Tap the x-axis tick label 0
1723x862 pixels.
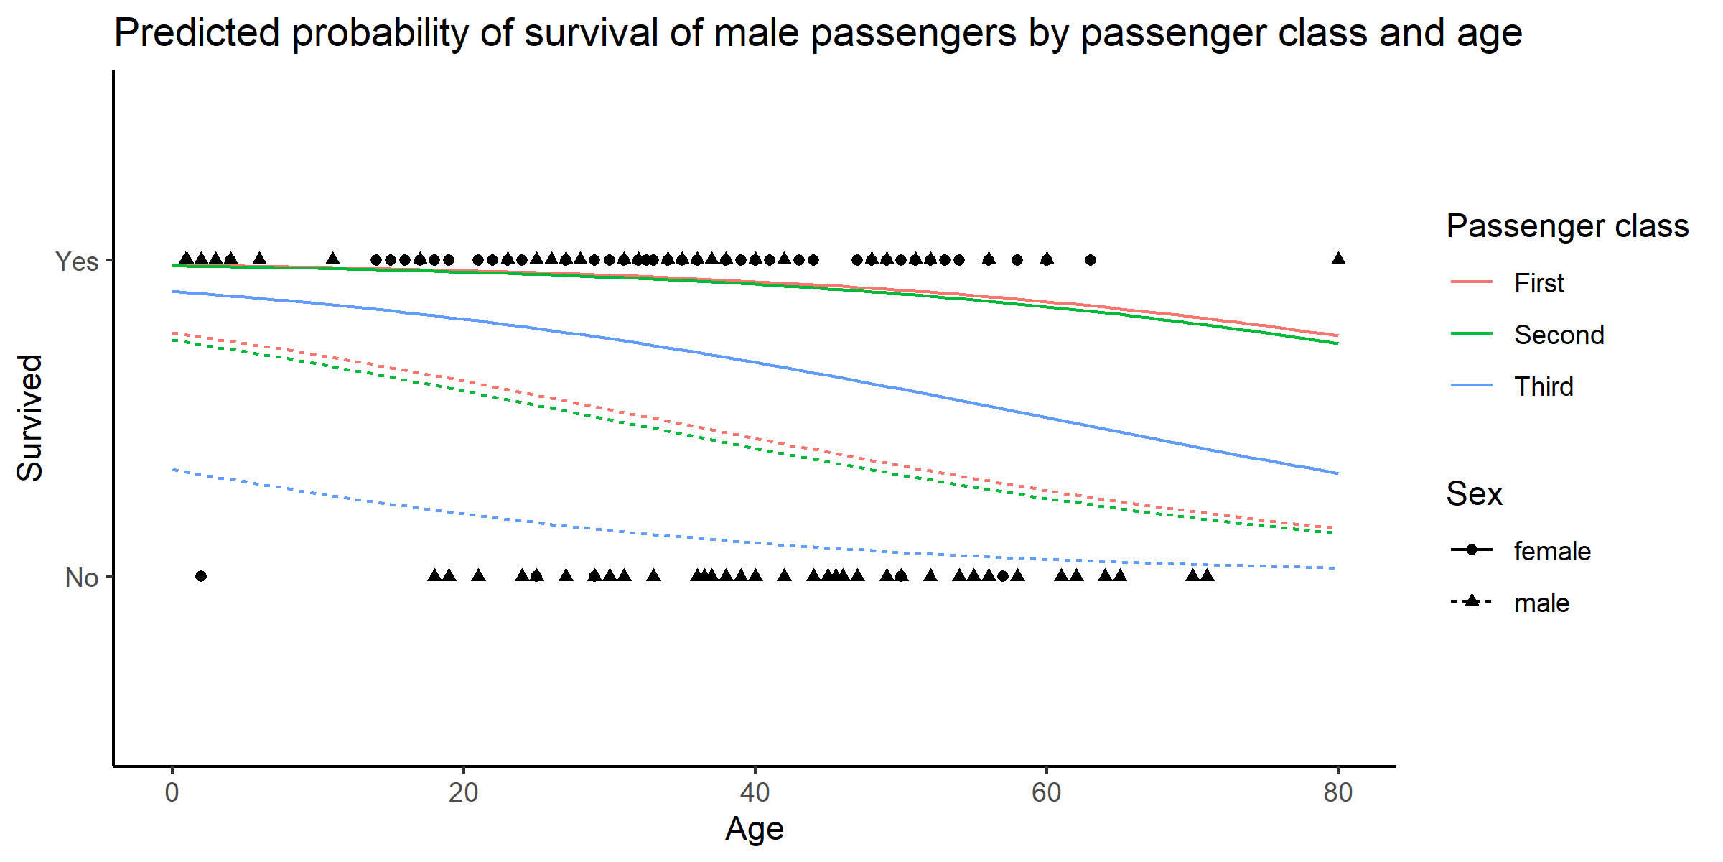(172, 792)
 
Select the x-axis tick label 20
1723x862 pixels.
(463, 792)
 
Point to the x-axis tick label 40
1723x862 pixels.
(755, 792)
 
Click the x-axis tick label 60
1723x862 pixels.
(1046, 792)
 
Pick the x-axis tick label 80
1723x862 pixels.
(1337, 792)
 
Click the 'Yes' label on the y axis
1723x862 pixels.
(77, 261)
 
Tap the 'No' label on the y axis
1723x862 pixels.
(81, 578)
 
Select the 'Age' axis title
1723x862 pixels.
(754, 828)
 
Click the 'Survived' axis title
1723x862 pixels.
(30, 418)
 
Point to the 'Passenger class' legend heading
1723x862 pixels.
(1567, 226)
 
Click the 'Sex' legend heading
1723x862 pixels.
(1474, 493)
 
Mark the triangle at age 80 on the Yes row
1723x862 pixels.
(1338, 259)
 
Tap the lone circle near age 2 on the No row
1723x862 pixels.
(201, 576)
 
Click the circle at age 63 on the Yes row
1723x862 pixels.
(1091, 260)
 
